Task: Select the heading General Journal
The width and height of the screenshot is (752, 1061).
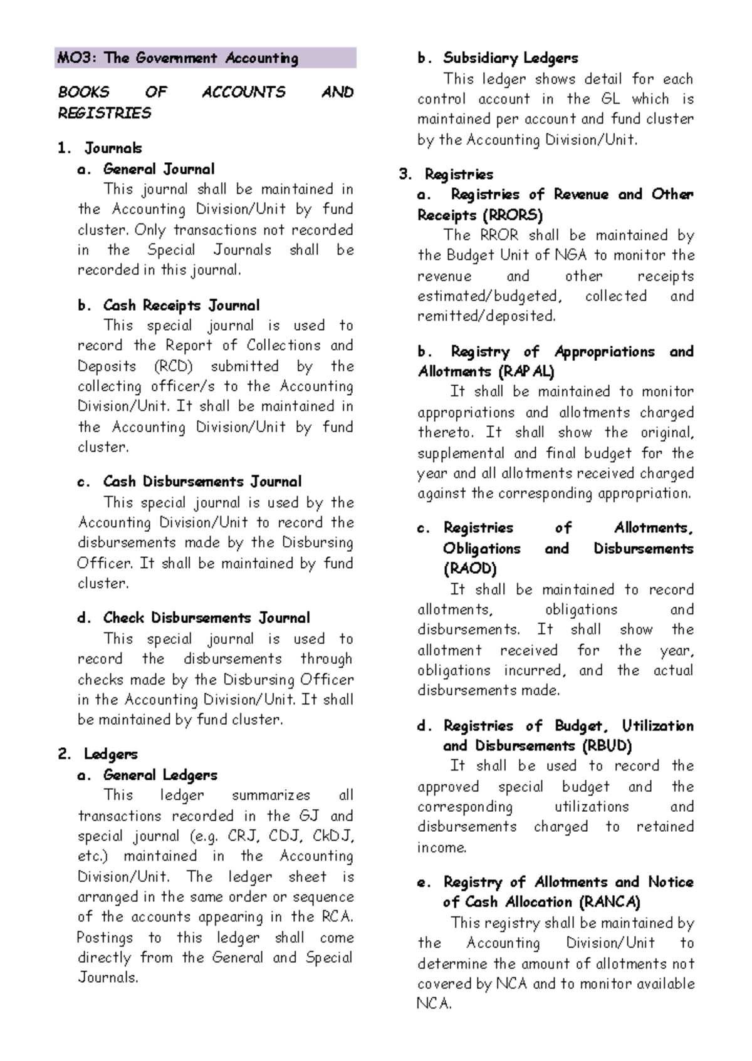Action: tap(159, 169)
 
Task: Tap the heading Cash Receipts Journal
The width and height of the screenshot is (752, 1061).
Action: tap(180, 306)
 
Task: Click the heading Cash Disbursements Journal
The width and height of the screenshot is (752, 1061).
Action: tap(202, 482)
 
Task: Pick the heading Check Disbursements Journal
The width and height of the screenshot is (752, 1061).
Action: tap(206, 618)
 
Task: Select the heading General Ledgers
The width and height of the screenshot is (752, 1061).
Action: tap(160, 775)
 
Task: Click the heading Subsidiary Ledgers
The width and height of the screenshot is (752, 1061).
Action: tap(510, 58)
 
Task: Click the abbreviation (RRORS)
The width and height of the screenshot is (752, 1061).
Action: tap(513, 215)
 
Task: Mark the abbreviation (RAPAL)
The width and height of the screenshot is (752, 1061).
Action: tap(526, 372)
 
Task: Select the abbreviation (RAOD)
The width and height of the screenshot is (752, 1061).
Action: tap(470, 569)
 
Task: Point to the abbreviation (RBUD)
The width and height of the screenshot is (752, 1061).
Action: tap(607, 746)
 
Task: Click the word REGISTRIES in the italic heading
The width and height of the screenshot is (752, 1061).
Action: tap(105, 113)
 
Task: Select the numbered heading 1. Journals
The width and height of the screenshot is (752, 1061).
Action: tap(100, 148)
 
